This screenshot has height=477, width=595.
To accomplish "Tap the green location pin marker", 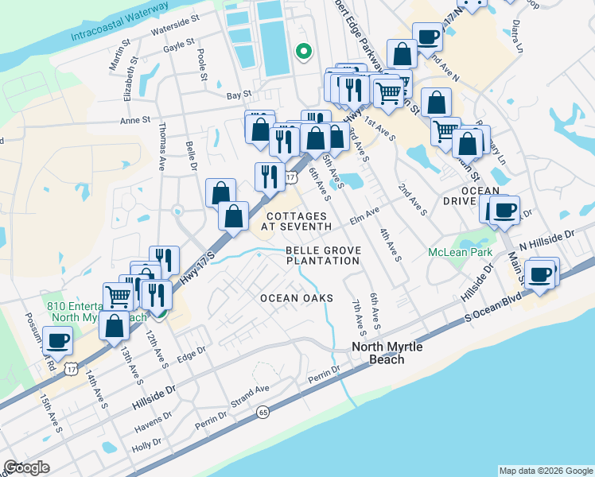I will tap(302, 52).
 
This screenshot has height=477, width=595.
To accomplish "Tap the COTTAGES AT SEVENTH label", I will tap(298, 221).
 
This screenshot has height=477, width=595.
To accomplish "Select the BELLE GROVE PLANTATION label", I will tap(323, 255).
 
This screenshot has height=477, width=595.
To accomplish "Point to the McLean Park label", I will tap(460, 252).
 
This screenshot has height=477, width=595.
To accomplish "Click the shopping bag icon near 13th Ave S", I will tap(115, 325).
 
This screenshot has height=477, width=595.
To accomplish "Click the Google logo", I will tap(27, 467).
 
